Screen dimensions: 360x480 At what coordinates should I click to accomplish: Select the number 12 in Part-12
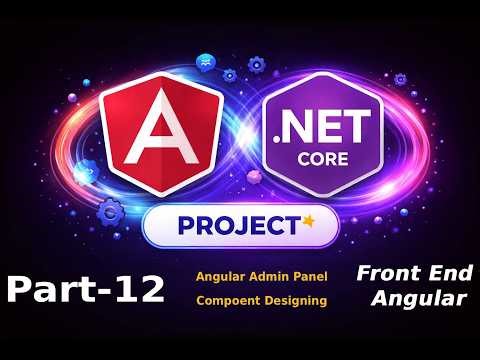click(x=139, y=289)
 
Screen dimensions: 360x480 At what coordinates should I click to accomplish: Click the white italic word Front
click(x=386, y=271)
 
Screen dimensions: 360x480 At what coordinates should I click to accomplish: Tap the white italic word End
click(x=441, y=271)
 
